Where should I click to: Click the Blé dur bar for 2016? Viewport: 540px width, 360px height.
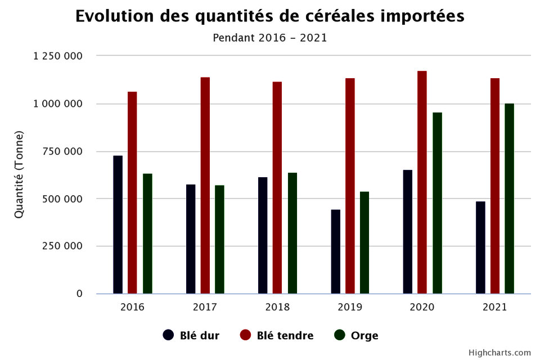coord(118,224)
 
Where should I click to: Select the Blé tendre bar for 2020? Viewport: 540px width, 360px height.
coord(422,182)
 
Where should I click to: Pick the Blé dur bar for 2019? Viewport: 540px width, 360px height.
coord(336,251)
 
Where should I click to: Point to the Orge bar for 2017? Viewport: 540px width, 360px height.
coord(219,239)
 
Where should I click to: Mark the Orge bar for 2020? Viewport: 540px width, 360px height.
coord(437,203)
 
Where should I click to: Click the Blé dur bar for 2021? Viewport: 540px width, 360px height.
coord(480,247)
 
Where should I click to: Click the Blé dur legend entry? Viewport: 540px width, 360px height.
coord(191,335)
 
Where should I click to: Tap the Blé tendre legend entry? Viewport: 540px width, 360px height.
coord(277,335)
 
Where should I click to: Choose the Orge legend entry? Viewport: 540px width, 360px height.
coord(357,335)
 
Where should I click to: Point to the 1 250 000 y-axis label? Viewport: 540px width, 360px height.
coord(58,56)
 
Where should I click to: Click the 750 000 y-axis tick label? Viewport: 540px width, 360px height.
coord(64,151)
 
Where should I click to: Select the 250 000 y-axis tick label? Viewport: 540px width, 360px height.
coord(64,246)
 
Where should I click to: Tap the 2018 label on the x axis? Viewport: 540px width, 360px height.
coord(277,307)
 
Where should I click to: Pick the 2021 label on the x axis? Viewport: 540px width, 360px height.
coord(495,307)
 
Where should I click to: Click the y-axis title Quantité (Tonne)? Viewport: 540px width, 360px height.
coord(19,174)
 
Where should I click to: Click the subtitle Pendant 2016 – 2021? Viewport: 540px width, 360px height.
coord(270,38)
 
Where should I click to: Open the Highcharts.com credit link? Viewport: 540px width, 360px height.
coord(499,353)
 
